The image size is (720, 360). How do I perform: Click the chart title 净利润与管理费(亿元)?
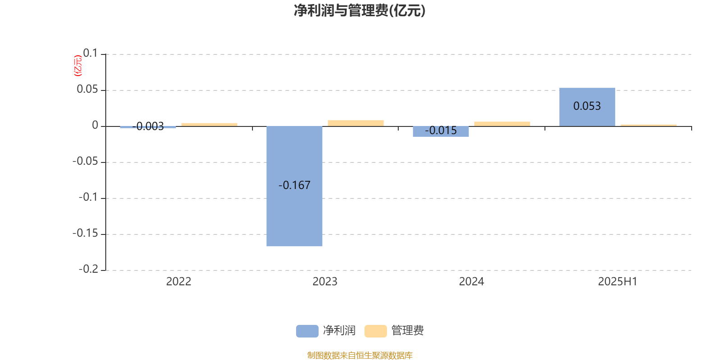pos(360,11)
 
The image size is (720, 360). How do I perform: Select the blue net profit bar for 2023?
pos(294,186)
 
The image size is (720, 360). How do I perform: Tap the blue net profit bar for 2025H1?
pos(587,107)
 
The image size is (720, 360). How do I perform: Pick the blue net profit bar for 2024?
pos(441,131)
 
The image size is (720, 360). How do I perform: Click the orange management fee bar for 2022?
pos(209,125)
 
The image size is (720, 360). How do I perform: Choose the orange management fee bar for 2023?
pos(356,123)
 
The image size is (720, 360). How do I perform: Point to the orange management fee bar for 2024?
pos(502,124)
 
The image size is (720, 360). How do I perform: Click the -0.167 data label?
pos(294,185)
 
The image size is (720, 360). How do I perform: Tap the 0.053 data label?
pos(587,106)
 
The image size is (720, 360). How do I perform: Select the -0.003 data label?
pos(148,126)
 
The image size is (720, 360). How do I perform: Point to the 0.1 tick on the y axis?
pos(90,53)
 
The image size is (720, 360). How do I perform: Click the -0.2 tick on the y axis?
pos(88,269)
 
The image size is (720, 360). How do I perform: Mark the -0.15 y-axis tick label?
pos(85,233)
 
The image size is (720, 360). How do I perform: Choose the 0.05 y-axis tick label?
pos(87,89)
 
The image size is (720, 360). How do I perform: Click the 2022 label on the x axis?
pos(179,282)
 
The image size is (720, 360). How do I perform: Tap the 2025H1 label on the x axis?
pos(617,282)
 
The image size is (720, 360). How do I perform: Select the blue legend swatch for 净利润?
pos(307,331)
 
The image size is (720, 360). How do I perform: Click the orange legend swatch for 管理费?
pos(375,331)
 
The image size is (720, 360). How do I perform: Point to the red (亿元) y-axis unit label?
pos(78,66)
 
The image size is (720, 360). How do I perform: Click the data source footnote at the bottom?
pos(360,355)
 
